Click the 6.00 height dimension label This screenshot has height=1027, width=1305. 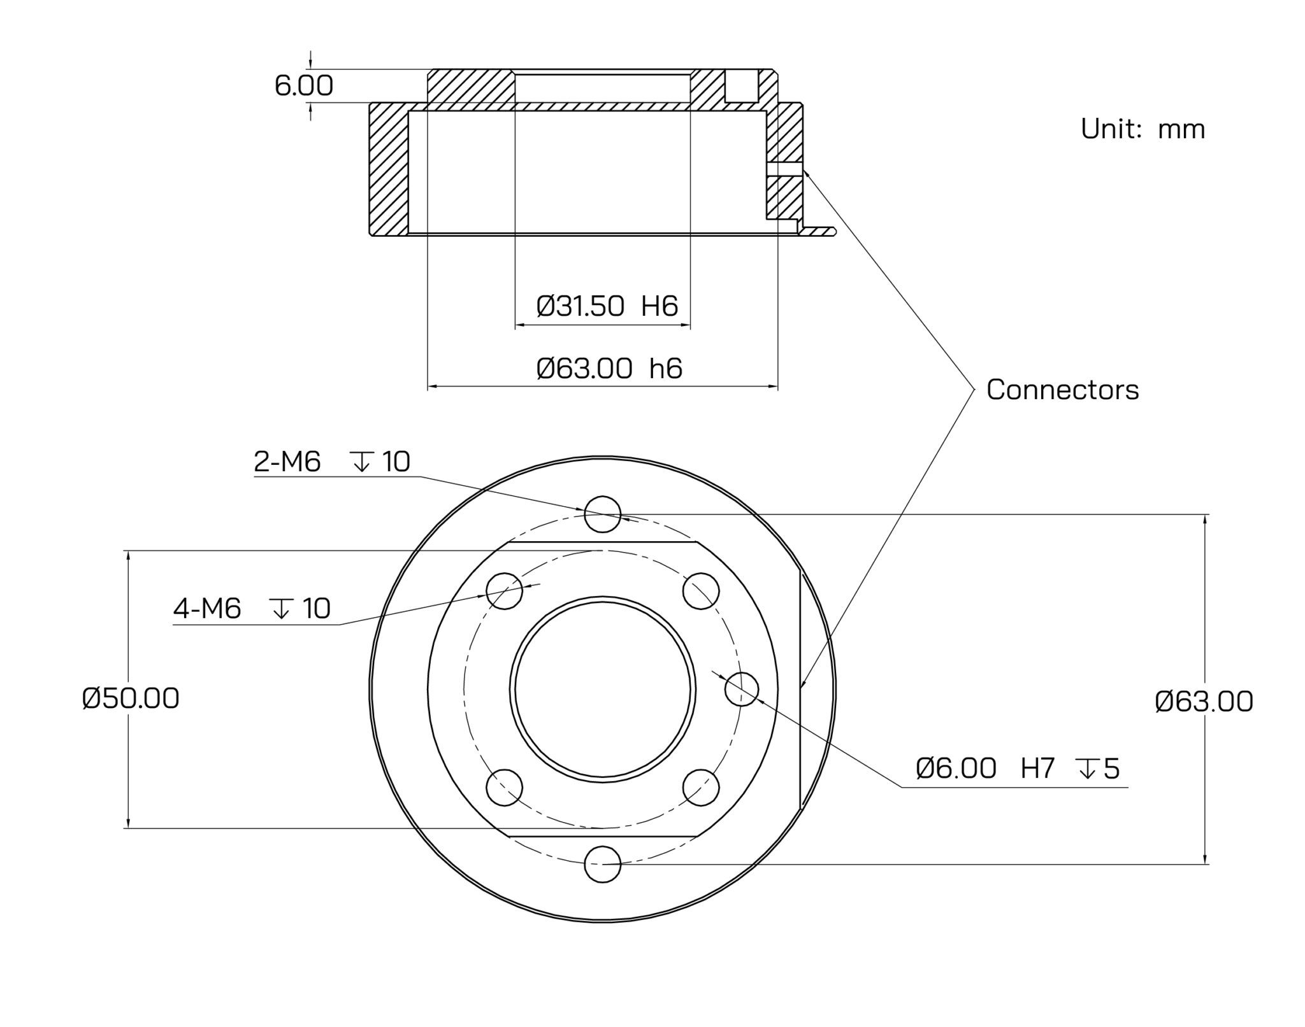(x=303, y=86)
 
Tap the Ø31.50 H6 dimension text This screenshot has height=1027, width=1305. (x=607, y=306)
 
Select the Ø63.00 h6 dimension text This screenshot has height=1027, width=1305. (x=609, y=369)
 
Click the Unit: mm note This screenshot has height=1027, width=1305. (x=1143, y=129)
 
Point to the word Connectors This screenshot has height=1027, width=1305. (x=1062, y=390)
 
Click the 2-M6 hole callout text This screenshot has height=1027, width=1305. (x=331, y=462)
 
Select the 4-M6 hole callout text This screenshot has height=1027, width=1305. (x=252, y=609)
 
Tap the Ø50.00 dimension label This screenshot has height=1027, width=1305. (x=131, y=698)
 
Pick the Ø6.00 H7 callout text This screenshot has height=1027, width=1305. (x=1017, y=768)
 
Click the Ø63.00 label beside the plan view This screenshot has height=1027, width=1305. (x=1204, y=702)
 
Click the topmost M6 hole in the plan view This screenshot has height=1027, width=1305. (x=602, y=514)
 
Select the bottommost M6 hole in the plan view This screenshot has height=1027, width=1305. (x=602, y=864)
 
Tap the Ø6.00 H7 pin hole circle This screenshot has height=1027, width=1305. (x=742, y=688)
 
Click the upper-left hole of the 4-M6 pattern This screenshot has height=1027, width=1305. (x=504, y=590)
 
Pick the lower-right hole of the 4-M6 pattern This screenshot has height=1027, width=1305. (x=701, y=788)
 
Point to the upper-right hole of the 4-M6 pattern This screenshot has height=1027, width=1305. (x=701, y=590)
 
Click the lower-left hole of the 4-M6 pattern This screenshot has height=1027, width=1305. (x=504, y=788)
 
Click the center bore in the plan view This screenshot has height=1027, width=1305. (x=602, y=689)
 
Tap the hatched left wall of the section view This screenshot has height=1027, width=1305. (x=389, y=169)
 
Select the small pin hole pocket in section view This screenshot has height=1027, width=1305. (x=742, y=87)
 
